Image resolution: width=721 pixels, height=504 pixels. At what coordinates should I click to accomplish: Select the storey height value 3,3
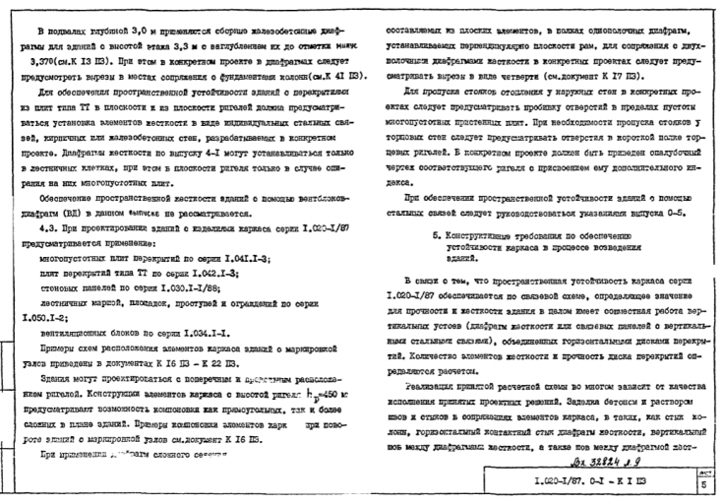tap(178, 47)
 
